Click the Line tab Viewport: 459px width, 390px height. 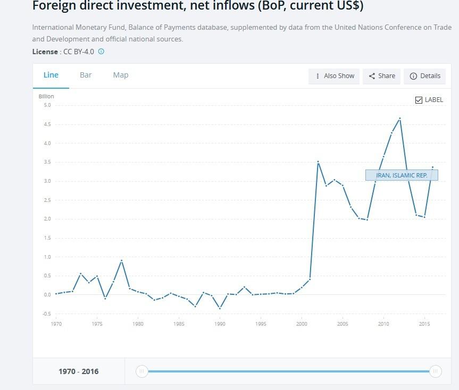tap(51, 75)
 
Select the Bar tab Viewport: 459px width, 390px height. tap(86, 75)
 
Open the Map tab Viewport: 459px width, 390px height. tap(121, 75)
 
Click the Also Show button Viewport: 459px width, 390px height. tap(334, 76)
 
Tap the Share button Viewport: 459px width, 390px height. tap(382, 76)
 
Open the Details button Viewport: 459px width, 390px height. tap(425, 76)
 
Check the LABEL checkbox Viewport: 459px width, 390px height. tap(419, 100)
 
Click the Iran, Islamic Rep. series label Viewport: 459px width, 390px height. tap(402, 175)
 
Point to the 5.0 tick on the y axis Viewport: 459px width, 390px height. tap(47, 105)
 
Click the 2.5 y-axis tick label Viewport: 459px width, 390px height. tap(47, 200)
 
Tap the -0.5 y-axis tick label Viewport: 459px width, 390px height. tap(47, 314)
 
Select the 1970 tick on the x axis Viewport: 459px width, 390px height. tap(56, 324)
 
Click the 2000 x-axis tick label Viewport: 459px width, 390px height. tap(302, 324)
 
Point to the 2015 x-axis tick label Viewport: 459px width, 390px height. tap(424, 324)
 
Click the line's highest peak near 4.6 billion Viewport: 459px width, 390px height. tap(399, 118)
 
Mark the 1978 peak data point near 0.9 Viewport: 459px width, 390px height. tap(121, 260)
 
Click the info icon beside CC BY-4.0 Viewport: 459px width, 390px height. tap(101, 52)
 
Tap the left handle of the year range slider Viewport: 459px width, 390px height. tap(141, 371)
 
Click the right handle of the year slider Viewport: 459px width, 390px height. tap(435, 371)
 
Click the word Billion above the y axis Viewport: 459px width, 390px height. tap(46, 96)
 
